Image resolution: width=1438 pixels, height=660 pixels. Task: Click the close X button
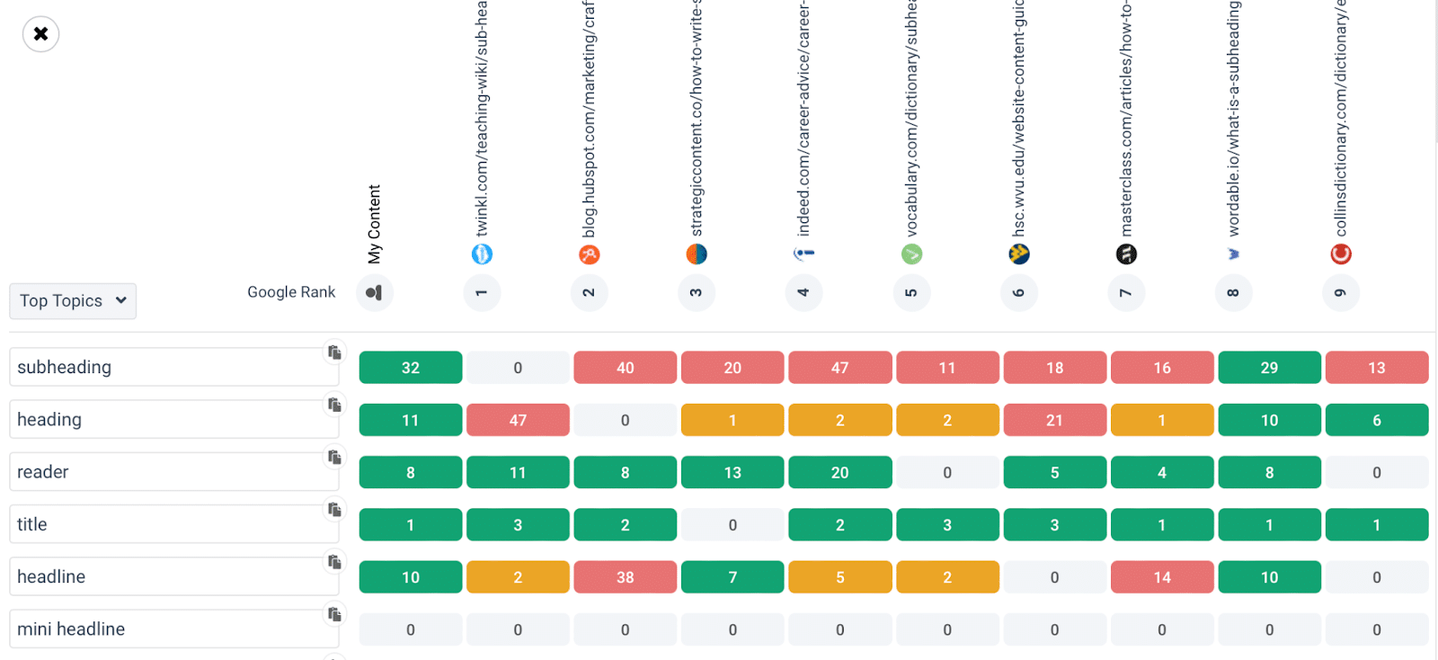[40, 34]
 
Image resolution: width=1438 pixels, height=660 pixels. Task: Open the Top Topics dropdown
[73, 301]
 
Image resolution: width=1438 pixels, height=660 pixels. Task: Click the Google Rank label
[291, 292]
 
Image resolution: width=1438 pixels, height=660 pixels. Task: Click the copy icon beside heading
[334, 405]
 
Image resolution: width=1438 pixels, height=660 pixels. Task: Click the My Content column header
[375, 225]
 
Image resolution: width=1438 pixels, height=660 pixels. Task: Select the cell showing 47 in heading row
[518, 420]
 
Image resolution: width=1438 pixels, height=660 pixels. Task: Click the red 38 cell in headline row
[625, 577]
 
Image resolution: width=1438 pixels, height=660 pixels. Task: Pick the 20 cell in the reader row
[839, 473]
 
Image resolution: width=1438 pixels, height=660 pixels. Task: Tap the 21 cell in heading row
[1054, 420]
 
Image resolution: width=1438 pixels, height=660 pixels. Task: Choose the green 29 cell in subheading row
[1269, 368]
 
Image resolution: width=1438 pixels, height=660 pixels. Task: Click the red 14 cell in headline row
[1162, 577]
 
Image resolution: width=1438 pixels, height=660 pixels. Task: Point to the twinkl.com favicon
[482, 254]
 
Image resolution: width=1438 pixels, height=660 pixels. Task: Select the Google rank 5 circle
[911, 293]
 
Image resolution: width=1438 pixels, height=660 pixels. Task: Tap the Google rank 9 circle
[1340, 293]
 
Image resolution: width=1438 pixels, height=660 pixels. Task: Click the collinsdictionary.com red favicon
[1341, 254]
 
